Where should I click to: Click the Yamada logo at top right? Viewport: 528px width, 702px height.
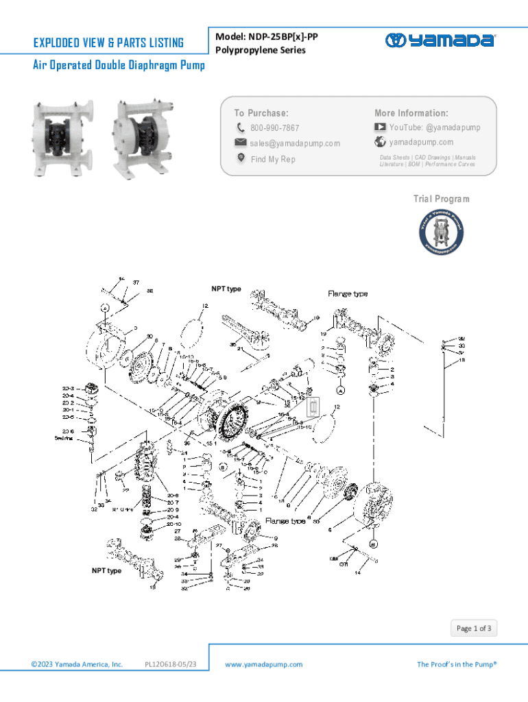pyautogui.click(x=440, y=40)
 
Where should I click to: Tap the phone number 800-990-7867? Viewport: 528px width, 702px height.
pyautogui.click(x=274, y=128)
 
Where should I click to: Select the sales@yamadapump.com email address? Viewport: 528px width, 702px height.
pyautogui.click(x=294, y=143)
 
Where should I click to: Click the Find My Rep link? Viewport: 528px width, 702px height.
pyautogui.click(x=272, y=159)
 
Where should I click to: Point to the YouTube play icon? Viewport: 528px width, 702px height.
pyautogui.click(x=380, y=128)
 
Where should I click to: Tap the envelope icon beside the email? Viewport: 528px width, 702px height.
pyautogui.click(x=241, y=143)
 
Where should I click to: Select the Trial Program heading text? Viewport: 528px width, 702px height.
pyautogui.click(x=441, y=199)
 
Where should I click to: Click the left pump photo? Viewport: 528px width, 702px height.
pyautogui.click(x=60, y=135)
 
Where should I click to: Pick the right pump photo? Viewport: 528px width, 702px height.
pyautogui.click(x=141, y=136)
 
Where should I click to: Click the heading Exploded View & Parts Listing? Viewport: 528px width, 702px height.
pyautogui.click(x=108, y=43)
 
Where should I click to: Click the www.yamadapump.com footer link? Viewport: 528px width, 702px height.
pyautogui.click(x=264, y=664)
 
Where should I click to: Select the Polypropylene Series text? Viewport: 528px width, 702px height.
pyautogui.click(x=260, y=50)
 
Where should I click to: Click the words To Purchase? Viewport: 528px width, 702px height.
pyautogui.click(x=261, y=113)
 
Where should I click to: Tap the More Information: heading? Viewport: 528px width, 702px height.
pyautogui.click(x=411, y=112)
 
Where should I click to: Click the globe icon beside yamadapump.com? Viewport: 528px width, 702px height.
pyautogui.click(x=380, y=143)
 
